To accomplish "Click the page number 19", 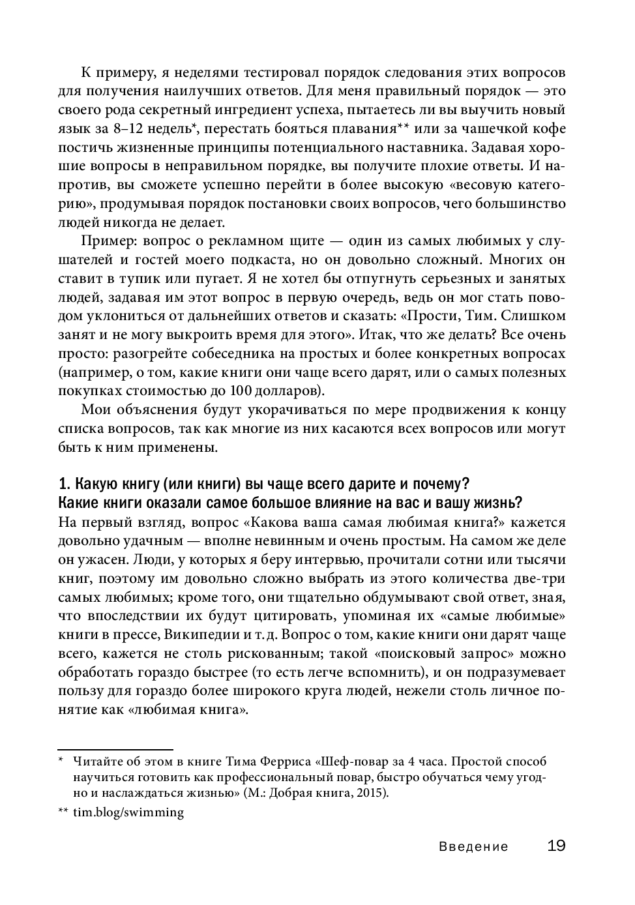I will tap(555, 846).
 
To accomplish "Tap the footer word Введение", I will tap(473, 847).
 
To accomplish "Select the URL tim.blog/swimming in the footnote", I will tap(128, 812).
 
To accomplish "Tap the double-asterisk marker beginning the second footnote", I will tap(63, 812).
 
